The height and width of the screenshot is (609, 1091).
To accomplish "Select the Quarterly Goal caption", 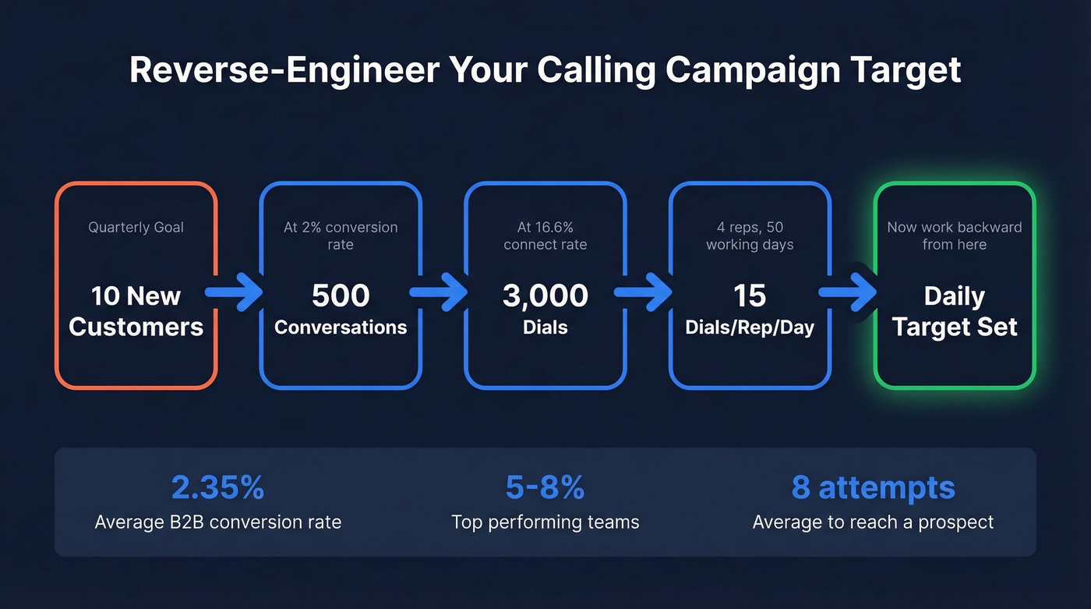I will (136, 228).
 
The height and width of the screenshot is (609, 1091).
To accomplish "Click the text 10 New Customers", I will (136, 311).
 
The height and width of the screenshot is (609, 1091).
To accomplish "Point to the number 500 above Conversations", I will (341, 296).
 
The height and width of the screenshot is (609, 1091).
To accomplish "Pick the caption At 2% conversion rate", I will (341, 235).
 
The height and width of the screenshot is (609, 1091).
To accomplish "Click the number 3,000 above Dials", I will (545, 296).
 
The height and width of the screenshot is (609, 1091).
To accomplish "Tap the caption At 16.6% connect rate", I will (545, 235).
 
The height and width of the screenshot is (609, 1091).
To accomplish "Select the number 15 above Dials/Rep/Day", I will (750, 296).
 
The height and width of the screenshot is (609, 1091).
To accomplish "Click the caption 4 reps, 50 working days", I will (750, 235).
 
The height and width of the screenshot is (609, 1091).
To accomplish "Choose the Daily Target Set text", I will (955, 311).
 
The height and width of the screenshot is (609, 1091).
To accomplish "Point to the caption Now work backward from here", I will (955, 235).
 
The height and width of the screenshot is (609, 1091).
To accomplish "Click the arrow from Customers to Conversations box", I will (238, 292).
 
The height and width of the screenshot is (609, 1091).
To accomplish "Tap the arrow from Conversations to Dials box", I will (442, 292).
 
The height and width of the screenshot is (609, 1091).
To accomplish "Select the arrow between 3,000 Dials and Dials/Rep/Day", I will (647, 292).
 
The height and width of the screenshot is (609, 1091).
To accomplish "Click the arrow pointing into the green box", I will (851, 292).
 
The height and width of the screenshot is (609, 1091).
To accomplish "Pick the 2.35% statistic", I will (218, 488).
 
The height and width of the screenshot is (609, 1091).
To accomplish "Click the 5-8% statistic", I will (545, 488).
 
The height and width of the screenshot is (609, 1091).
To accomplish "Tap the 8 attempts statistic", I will (873, 488).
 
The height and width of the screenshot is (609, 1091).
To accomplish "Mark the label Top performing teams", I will (545, 522).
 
